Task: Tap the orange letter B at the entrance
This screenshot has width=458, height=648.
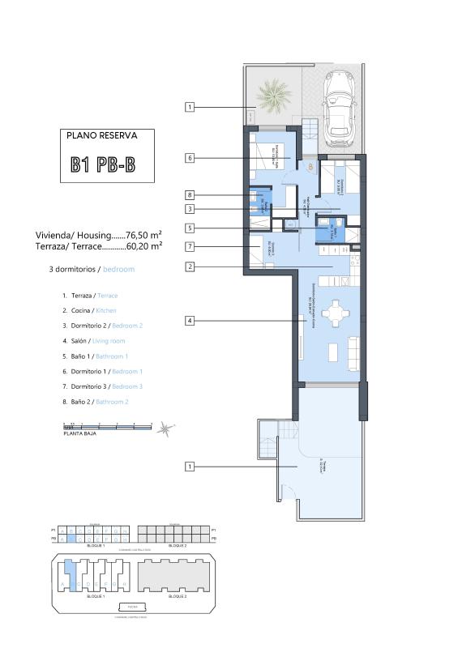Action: [x=310, y=167]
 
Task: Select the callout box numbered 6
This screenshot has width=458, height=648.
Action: [x=190, y=158]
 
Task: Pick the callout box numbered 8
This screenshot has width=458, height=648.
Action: [x=190, y=195]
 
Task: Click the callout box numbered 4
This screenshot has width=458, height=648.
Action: [x=190, y=322]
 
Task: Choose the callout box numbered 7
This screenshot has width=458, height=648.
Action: [x=190, y=246]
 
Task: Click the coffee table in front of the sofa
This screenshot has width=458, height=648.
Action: [x=332, y=353]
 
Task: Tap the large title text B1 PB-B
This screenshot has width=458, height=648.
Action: [x=102, y=165]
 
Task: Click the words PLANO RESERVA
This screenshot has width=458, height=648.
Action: [x=102, y=136]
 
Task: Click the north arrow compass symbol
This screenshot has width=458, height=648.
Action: [x=165, y=428]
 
